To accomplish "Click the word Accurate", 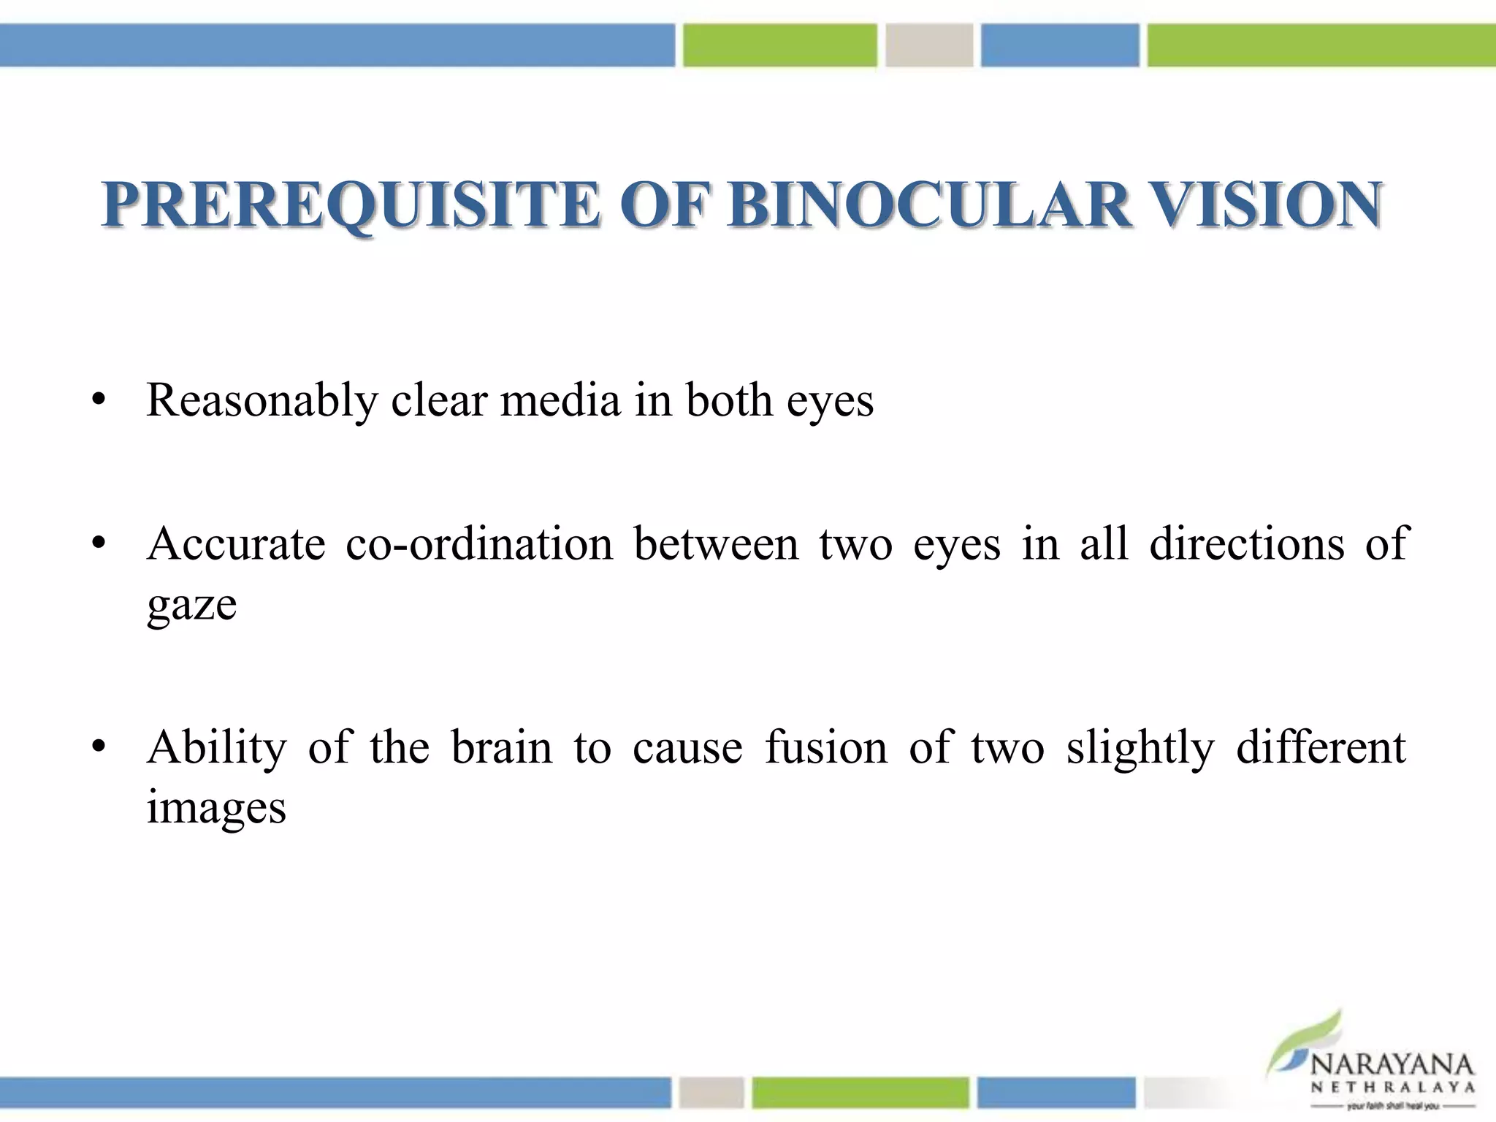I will [236, 544].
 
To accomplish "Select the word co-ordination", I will [479, 544].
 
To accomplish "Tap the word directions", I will [1246, 544].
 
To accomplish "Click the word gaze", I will [191, 605].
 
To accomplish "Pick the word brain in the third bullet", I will [502, 748].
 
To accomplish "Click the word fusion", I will [825, 748].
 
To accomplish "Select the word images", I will [216, 808].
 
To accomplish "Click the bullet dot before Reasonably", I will [99, 401].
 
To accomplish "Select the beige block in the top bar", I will [929, 45].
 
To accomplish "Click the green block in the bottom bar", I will [860, 1093].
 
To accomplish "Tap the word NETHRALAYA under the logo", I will [1392, 1088].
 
